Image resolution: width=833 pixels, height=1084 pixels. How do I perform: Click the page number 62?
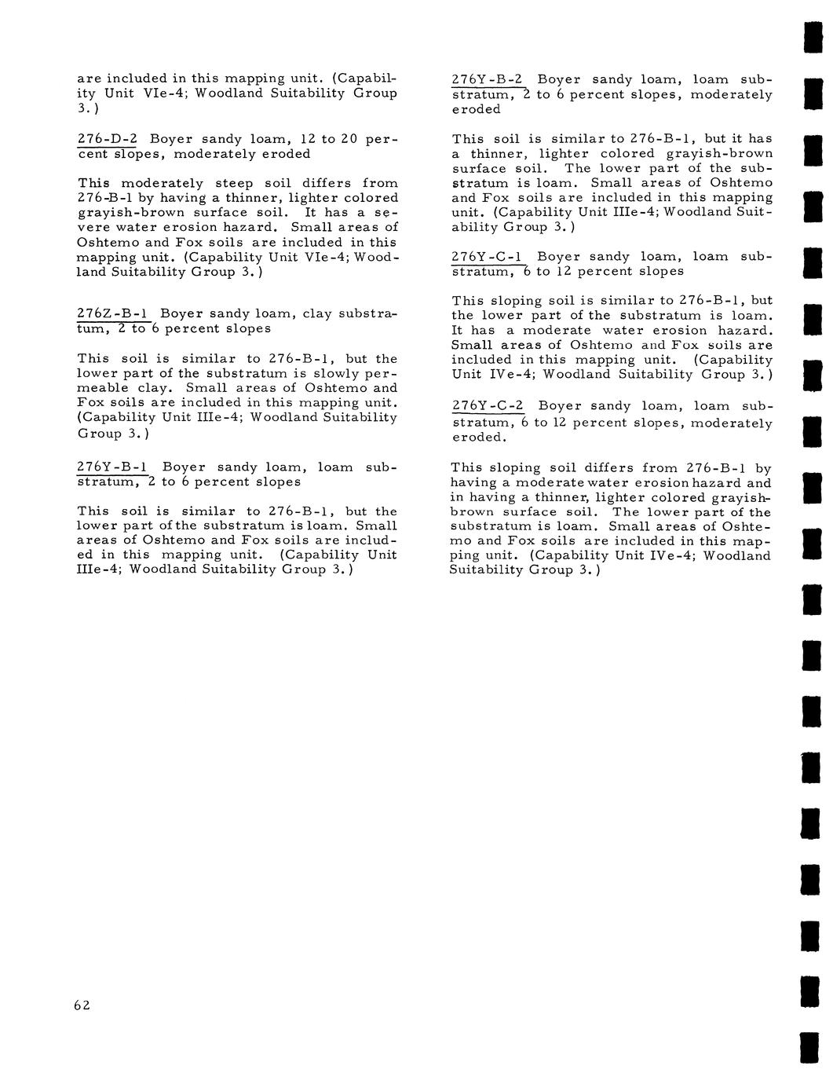(82, 1005)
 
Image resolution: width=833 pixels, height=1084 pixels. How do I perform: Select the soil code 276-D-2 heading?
(107, 139)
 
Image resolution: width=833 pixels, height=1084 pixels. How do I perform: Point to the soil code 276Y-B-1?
(115, 467)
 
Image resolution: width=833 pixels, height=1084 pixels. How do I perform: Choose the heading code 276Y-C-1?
(488, 256)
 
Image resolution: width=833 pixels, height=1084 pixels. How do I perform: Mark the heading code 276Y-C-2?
(488, 405)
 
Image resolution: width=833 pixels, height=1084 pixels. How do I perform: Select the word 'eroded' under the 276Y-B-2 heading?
(476, 109)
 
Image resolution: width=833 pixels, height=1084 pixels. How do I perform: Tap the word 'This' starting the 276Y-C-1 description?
(468, 301)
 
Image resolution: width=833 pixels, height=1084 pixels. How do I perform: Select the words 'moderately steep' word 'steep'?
(234, 183)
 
